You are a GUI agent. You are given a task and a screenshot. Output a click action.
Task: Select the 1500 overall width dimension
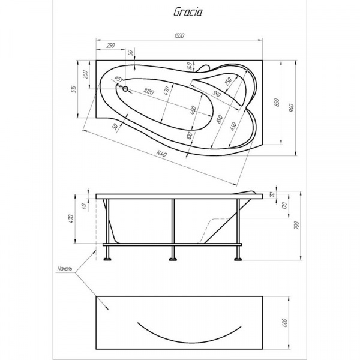(179, 36)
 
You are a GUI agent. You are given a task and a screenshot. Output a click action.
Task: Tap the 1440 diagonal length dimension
(161, 155)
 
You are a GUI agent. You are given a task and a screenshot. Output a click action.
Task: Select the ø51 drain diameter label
(118, 80)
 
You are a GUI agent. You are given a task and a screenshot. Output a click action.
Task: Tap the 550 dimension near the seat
(217, 94)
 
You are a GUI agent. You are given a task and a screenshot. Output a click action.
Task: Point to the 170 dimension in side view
(285, 205)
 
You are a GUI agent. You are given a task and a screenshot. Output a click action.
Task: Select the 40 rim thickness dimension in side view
(85, 206)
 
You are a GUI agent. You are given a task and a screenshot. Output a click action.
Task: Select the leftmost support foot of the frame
(107, 259)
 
